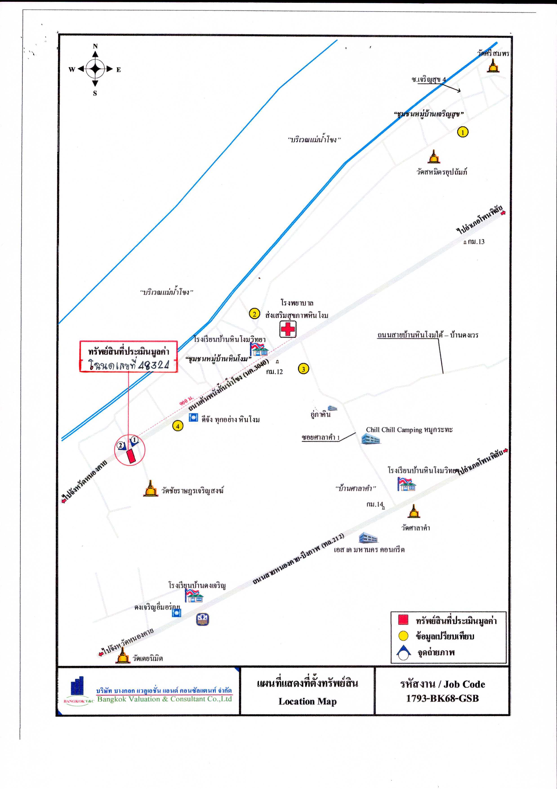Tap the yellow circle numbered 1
463,132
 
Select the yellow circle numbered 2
254,314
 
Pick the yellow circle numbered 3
303,369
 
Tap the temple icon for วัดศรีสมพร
493,66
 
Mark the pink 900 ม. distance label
185,401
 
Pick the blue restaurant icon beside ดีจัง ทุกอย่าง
194,418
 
